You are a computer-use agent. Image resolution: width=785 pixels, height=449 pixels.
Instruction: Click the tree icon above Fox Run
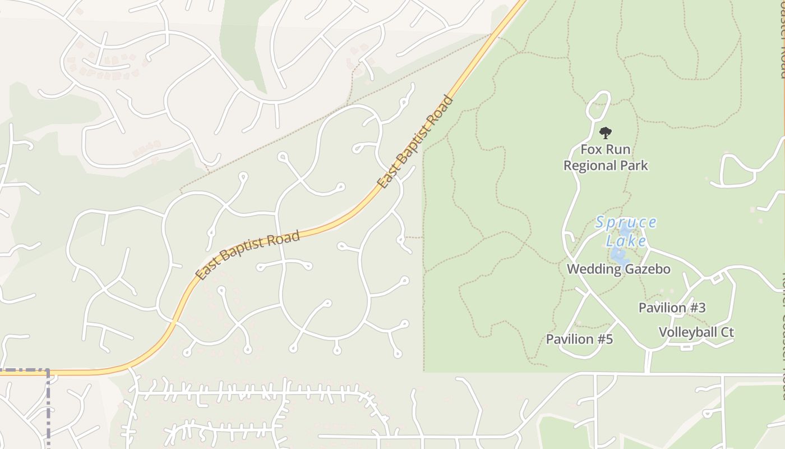pyautogui.click(x=605, y=133)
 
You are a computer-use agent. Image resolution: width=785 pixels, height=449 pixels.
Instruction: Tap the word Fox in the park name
pyautogui.click(x=590, y=150)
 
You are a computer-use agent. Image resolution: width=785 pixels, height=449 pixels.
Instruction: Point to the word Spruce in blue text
pyautogui.click(x=625, y=223)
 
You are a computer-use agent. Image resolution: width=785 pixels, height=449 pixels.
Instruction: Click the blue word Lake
pyautogui.click(x=626, y=241)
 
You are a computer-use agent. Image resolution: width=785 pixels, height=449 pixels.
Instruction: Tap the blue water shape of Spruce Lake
pyautogui.click(x=620, y=256)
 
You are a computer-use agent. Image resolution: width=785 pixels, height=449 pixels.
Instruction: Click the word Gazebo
pyautogui.click(x=649, y=269)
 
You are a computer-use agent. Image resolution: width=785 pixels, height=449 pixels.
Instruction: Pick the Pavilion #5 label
pyautogui.click(x=579, y=340)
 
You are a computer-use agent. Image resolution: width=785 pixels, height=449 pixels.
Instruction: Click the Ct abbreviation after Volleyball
pyautogui.click(x=727, y=332)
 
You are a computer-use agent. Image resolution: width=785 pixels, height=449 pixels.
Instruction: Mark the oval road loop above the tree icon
pyautogui.click(x=598, y=106)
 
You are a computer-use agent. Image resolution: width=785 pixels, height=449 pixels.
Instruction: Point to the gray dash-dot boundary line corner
pyautogui.click(x=48, y=370)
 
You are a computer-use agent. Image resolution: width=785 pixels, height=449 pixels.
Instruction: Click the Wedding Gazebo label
pyautogui.click(x=618, y=269)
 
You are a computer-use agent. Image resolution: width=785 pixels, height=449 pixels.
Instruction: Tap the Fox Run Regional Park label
pyautogui.click(x=606, y=158)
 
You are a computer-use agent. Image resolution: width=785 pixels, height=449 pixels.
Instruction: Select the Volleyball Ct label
pyautogui.click(x=696, y=332)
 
